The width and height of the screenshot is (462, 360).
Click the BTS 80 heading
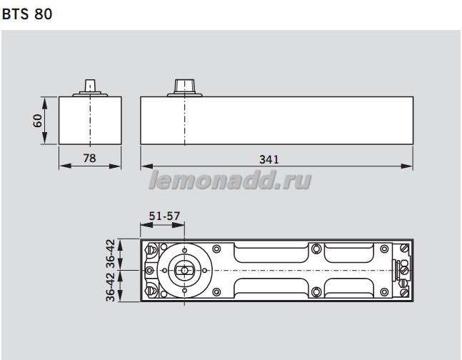(x=27, y=14)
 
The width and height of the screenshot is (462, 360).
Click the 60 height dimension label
(x=36, y=119)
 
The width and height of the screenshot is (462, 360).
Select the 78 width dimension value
(x=89, y=158)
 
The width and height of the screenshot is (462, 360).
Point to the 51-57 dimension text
(x=164, y=216)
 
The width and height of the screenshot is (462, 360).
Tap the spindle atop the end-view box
(x=90, y=85)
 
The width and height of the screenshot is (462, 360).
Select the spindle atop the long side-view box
(x=185, y=85)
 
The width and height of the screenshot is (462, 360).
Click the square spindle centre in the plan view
(x=184, y=271)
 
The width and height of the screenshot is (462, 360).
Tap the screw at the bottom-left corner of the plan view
(x=151, y=291)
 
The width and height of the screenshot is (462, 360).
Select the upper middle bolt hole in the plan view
(x=315, y=249)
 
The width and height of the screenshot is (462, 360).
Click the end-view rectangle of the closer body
(x=90, y=119)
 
